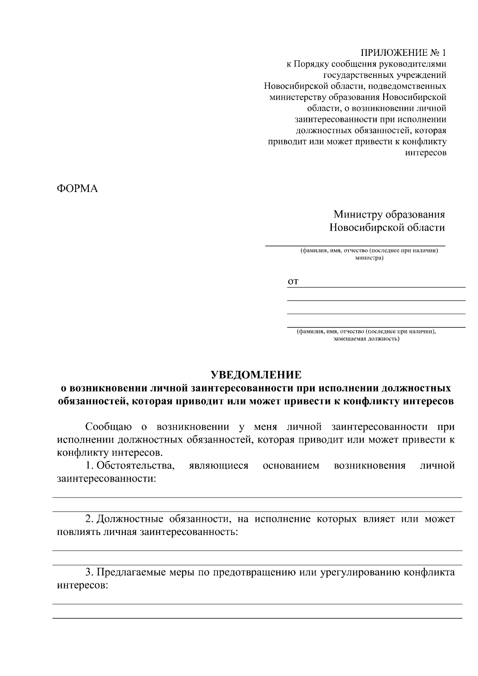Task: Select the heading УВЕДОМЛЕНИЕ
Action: pyautogui.click(x=256, y=375)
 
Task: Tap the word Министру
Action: pyautogui.click(x=357, y=215)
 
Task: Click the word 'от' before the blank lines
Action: pyautogui.click(x=293, y=282)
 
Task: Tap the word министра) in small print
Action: pyautogui.click(x=369, y=258)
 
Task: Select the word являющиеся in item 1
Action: pyautogui.click(x=219, y=465)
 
